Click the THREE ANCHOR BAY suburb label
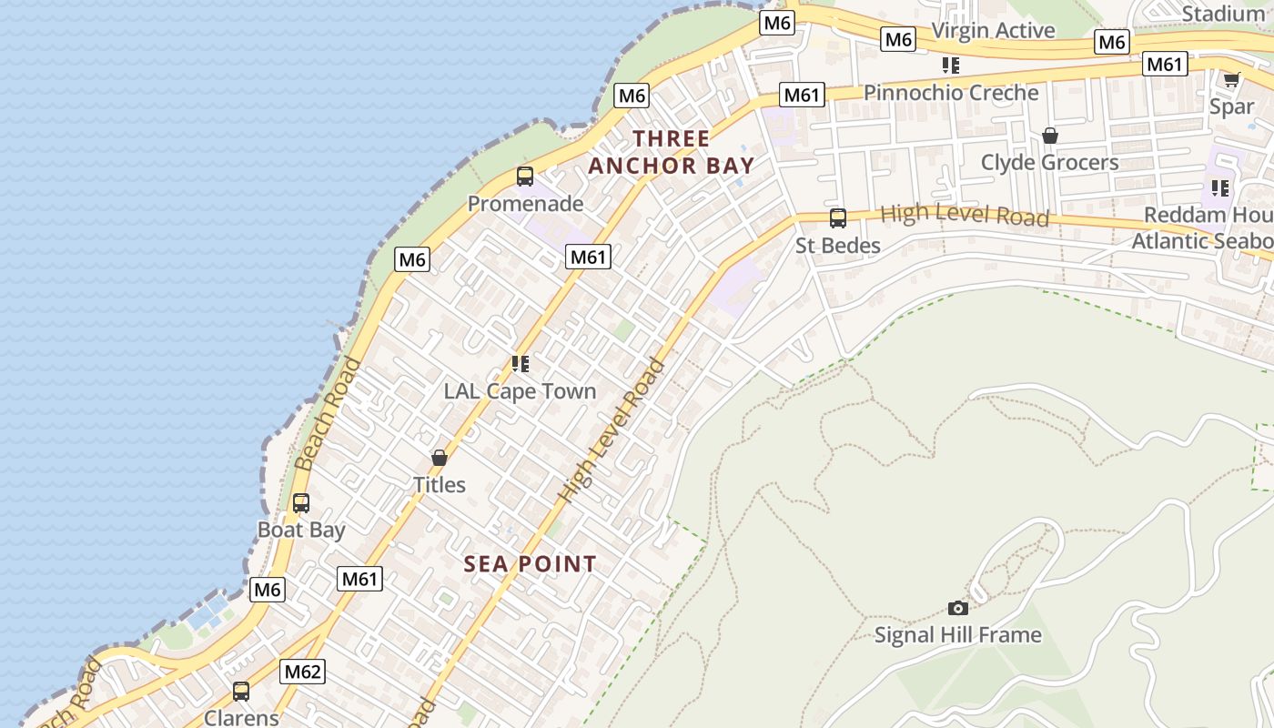pyautogui.click(x=672, y=152)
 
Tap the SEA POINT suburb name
pyautogui.click(x=531, y=564)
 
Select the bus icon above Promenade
pyautogui.click(x=525, y=177)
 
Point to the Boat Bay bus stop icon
pyautogui.click(x=301, y=503)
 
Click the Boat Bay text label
pyautogui.click(x=301, y=530)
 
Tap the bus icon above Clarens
pyautogui.click(x=241, y=692)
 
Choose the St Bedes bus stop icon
pyautogui.click(x=838, y=218)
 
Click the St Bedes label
pyautogui.click(x=838, y=246)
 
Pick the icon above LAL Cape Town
pyautogui.click(x=521, y=364)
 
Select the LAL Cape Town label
pyautogui.click(x=520, y=391)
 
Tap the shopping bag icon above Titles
pyautogui.click(x=440, y=458)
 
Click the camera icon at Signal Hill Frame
pyautogui.click(x=958, y=608)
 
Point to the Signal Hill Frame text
pyautogui.click(x=958, y=634)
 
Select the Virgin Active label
pyautogui.click(x=993, y=30)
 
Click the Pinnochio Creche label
pyautogui.click(x=951, y=93)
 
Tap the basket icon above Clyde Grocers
pyautogui.click(x=1050, y=136)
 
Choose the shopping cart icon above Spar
pyautogui.click(x=1232, y=80)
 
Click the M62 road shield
pyautogui.click(x=302, y=672)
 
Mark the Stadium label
pyautogui.click(x=1222, y=14)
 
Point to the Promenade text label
pyautogui.click(x=525, y=204)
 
